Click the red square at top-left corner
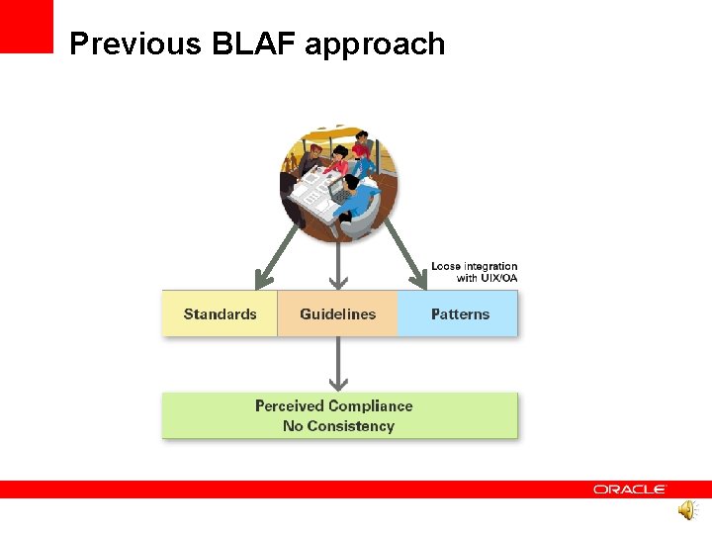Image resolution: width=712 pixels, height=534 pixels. (26, 26)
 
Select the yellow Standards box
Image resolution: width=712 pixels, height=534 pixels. (220, 313)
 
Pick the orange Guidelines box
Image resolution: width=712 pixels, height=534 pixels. (338, 313)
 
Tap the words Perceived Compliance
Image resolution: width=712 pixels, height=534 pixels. (333, 405)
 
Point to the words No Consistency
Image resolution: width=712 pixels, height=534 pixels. (338, 426)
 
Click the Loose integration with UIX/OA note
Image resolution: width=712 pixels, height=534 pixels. (474, 272)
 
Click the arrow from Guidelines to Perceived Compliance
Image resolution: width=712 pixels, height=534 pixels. (339, 364)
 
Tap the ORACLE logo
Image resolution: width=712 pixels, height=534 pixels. (630, 489)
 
